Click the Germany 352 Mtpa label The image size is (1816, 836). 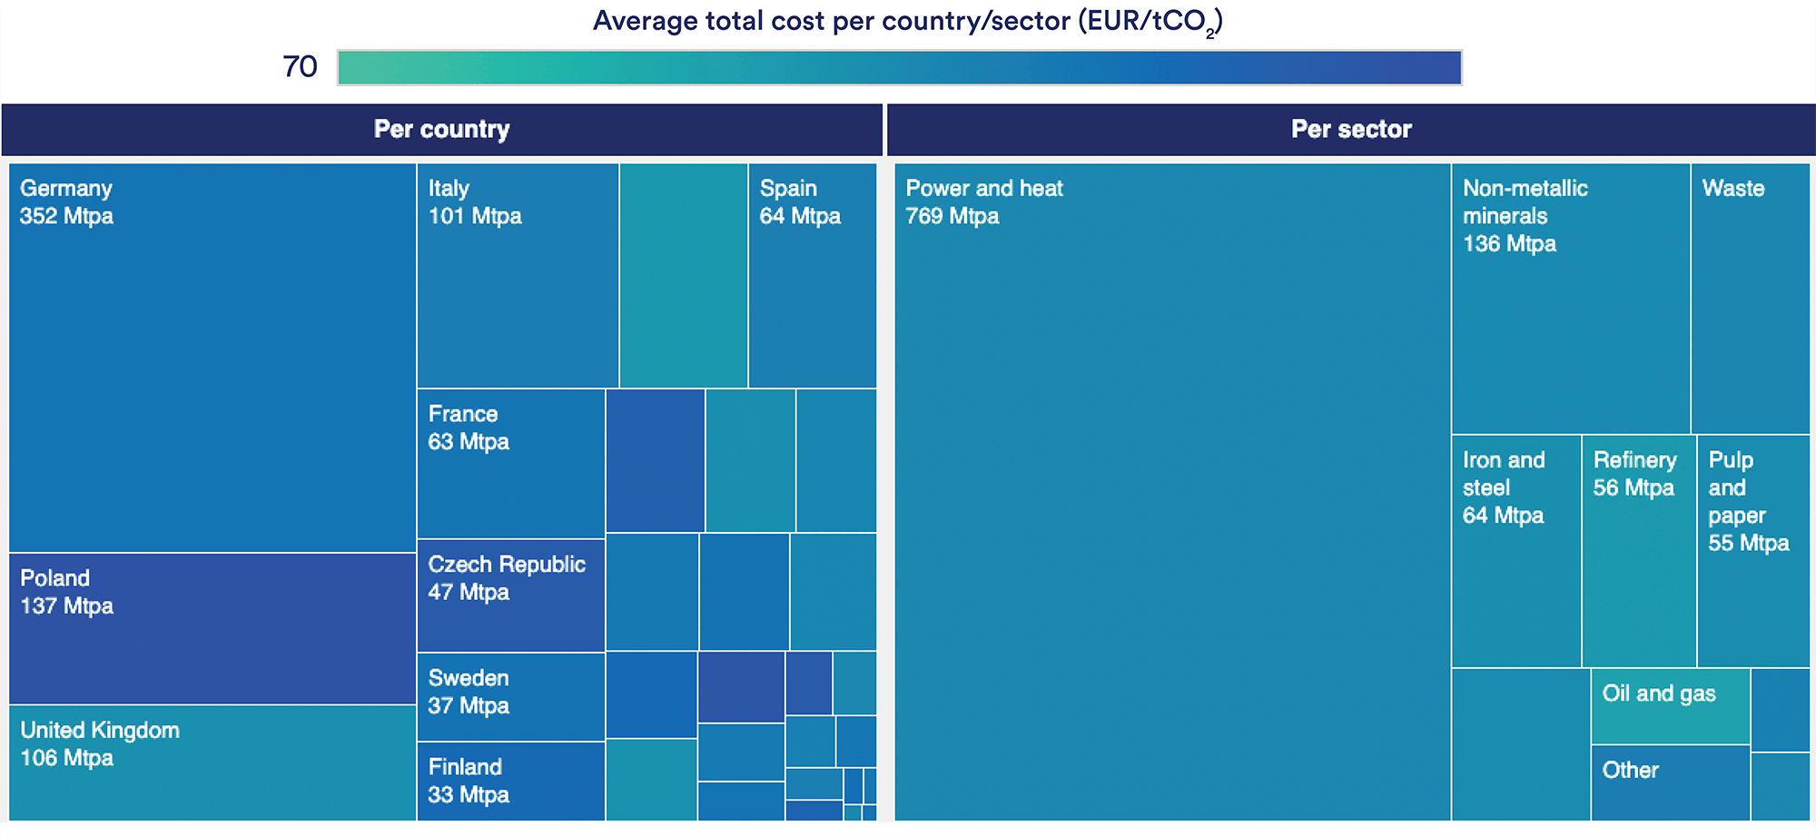(66, 202)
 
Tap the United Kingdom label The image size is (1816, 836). (100, 730)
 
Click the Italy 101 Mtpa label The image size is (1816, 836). (474, 202)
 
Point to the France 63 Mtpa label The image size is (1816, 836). (468, 428)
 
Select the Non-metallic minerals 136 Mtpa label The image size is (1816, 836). (1525, 216)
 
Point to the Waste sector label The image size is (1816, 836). (1732, 188)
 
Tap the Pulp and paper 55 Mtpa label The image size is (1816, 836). (1748, 501)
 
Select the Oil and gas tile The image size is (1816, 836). (1669, 706)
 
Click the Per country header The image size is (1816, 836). (441, 129)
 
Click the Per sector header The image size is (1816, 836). (1351, 129)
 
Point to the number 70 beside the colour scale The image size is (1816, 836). (300, 66)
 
